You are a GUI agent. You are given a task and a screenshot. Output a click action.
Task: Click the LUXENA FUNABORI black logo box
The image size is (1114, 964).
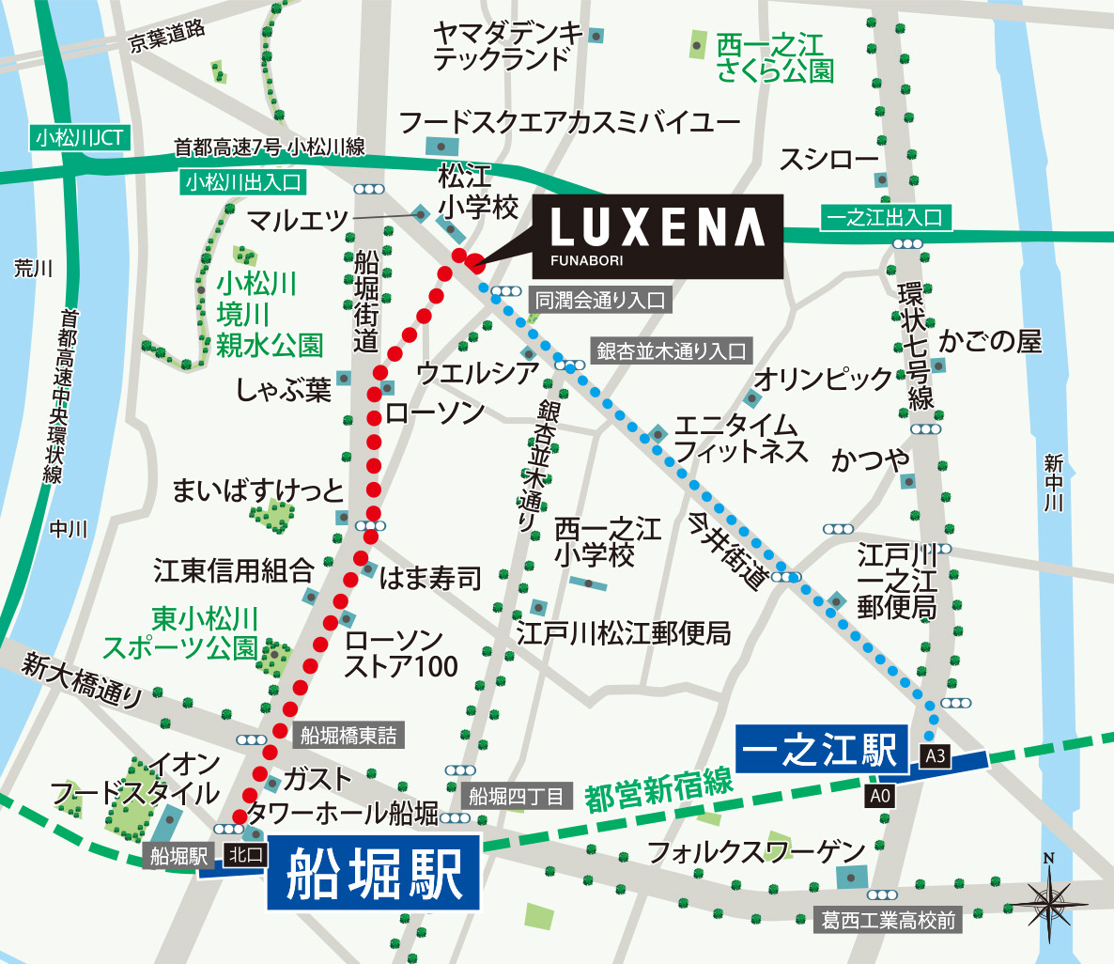click(x=658, y=236)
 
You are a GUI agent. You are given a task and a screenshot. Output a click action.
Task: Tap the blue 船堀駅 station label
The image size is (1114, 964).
click(x=374, y=874)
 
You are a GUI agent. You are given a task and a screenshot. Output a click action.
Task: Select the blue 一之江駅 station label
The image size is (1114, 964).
click(x=821, y=750)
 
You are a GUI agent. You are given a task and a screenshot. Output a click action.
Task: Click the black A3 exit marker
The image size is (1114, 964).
click(x=936, y=755)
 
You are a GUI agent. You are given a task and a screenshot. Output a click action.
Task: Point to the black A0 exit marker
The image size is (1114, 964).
click(x=879, y=797)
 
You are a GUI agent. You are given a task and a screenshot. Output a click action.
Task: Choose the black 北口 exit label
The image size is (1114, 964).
click(x=247, y=854)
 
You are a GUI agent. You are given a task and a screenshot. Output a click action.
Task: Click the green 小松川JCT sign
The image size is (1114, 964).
click(x=79, y=138)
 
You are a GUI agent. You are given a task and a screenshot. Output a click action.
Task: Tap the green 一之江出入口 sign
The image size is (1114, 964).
click(x=884, y=218)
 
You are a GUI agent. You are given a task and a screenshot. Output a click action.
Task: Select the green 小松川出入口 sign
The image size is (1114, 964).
click(x=242, y=181)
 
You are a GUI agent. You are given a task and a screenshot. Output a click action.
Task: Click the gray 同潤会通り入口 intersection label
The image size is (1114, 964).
click(x=600, y=301)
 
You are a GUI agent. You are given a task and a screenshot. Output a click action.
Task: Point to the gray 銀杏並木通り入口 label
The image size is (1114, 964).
click(x=672, y=351)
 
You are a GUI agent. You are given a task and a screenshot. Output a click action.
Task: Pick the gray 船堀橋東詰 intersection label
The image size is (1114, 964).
click(x=348, y=736)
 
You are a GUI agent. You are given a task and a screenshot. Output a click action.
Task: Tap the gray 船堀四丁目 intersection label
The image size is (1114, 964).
click(x=517, y=797)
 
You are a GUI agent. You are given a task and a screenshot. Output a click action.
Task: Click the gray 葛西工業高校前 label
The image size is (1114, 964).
click(x=888, y=920)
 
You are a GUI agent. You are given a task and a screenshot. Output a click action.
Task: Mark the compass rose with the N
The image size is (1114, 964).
click(x=1048, y=894)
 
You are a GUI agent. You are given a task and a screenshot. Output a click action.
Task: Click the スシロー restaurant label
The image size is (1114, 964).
click(x=828, y=160)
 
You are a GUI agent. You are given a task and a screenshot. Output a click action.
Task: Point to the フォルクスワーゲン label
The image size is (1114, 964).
click(x=756, y=852)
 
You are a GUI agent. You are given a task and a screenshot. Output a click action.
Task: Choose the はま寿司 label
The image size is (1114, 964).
click(x=430, y=578)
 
